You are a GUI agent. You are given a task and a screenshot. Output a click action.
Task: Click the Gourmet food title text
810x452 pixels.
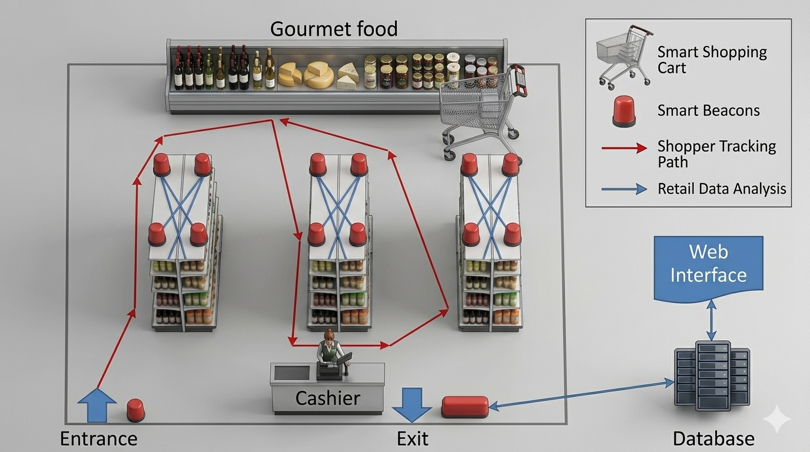334,29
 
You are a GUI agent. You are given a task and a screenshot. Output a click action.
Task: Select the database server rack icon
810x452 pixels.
712,377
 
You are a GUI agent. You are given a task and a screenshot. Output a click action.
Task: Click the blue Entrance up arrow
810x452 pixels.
97,405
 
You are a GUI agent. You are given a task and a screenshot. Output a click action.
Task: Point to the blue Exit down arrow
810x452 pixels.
412,405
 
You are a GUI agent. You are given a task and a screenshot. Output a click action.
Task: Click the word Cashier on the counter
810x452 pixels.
328,398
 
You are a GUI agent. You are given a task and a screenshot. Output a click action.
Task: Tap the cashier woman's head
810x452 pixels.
328,336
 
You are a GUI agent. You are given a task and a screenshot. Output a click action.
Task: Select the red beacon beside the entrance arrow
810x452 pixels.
135,410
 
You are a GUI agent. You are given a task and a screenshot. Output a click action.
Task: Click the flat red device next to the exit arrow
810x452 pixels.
464,407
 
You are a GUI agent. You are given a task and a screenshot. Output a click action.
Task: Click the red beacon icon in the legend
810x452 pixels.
624,111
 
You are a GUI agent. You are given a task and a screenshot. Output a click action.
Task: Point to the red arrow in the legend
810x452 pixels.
624,148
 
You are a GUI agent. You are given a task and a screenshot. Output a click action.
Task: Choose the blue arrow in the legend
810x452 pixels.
624,189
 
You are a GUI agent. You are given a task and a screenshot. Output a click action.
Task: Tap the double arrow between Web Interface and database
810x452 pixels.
711,320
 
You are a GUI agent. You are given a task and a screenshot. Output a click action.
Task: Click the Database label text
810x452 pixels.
713,438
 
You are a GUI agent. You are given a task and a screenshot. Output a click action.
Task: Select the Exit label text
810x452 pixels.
412,438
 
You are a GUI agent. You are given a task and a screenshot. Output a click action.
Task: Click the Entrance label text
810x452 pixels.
99,438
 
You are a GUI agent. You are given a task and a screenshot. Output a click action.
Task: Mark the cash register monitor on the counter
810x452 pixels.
344,358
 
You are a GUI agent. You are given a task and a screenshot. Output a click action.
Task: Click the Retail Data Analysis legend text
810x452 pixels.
722,189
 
